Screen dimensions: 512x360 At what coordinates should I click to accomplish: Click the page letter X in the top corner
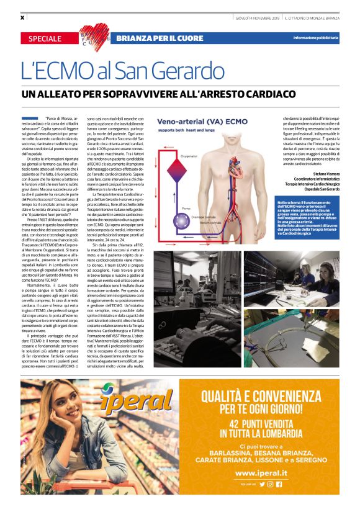(22, 17)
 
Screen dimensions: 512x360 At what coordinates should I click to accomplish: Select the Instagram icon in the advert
(269, 484)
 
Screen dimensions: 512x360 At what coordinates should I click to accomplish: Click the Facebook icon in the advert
(279, 484)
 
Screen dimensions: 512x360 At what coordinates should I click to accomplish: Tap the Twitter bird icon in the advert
(261, 484)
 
